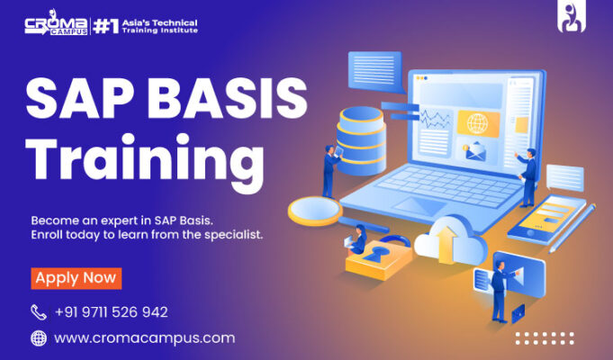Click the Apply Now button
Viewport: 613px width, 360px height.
coord(77,278)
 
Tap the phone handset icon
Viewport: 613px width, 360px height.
coord(39,312)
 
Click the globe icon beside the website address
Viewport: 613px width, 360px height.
coord(39,338)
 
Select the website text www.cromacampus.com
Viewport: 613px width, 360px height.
coord(145,338)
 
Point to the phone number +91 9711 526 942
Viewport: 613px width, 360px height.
coord(112,312)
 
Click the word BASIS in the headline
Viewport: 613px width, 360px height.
coord(228,98)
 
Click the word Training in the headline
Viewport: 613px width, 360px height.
coord(145,161)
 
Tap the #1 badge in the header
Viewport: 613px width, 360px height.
coord(105,27)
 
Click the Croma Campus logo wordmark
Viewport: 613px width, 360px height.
coord(57,23)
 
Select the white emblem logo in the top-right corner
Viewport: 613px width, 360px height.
coord(572,18)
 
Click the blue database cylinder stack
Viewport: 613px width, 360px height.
coord(361,140)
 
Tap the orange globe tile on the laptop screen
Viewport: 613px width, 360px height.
coord(478,124)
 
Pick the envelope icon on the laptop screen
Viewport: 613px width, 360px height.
coord(475,152)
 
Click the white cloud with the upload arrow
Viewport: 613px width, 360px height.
coord(450,240)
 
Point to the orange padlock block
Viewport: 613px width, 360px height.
coord(378,258)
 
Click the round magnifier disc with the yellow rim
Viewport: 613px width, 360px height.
coord(315,211)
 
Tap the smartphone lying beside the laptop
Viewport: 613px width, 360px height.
coord(546,220)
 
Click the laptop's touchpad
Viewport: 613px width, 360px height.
coord(419,206)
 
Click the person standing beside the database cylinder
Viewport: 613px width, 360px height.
coord(330,171)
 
